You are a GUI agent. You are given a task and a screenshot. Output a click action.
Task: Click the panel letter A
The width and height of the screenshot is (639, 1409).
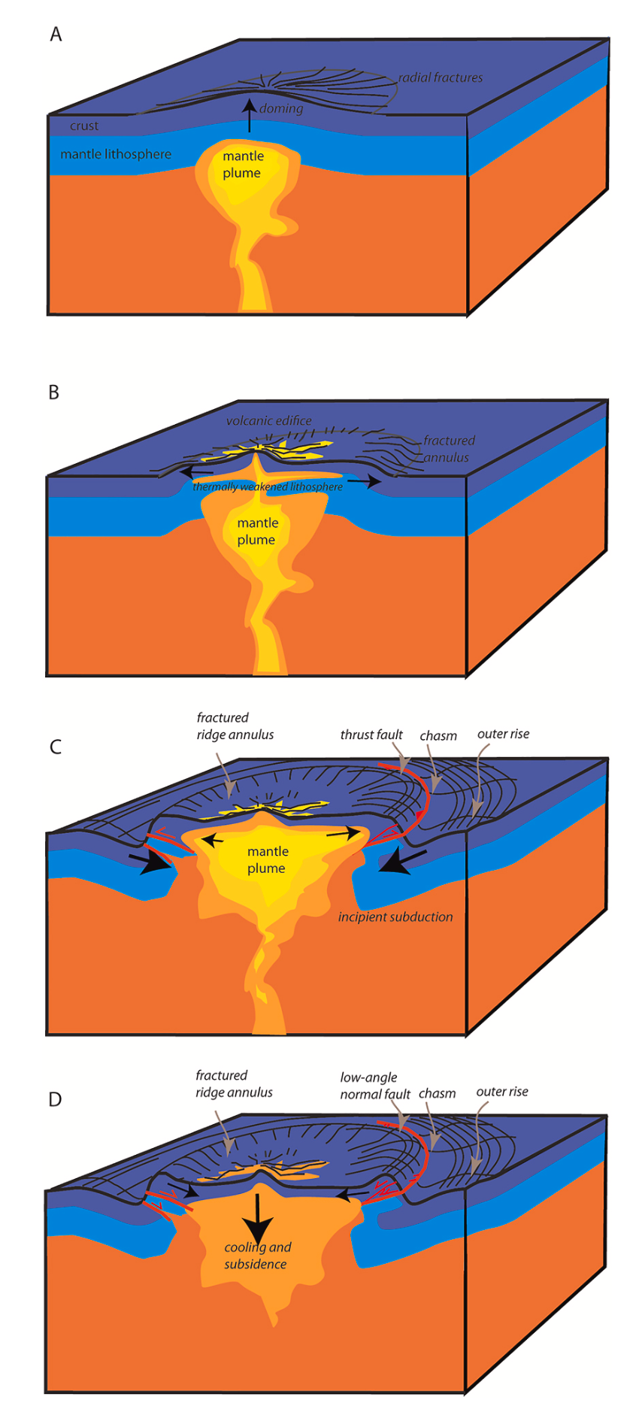pyautogui.click(x=56, y=35)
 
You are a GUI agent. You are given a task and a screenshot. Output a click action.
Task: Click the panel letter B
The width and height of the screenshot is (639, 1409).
pyautogui.click(x=54, y=392)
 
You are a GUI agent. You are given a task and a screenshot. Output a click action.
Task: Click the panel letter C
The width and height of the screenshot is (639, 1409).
pyautogui.click(x=55, y=747)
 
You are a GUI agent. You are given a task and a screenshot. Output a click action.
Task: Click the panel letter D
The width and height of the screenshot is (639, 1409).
pyautogui.click(x=55, y=1099)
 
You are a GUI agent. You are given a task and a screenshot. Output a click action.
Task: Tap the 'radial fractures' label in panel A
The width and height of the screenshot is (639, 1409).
pyautogui.click(x=441, y=77)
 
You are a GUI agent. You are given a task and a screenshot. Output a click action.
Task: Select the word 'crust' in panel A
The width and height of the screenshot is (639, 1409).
pyautogui.click(x=84, y=126)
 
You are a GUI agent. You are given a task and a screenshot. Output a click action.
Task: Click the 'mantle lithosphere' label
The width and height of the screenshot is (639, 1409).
pyautogui.click(x=116, y=154)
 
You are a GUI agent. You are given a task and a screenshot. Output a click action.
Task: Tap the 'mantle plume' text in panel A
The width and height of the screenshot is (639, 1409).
pyautogui.click(x=242, y=165)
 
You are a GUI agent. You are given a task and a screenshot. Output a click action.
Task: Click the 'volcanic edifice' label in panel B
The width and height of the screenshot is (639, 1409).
pyautogui.click(x=268, y=421)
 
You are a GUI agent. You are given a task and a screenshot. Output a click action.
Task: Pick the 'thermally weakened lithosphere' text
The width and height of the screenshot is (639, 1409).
pyautogui.click(x=268, y=487)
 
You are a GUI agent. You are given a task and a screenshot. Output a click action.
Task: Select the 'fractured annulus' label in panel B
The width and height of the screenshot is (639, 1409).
pyautogui.click(x=448, y=449)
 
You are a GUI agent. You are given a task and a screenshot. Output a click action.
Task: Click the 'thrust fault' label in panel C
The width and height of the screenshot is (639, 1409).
pyautogui.click(x=371, y=735)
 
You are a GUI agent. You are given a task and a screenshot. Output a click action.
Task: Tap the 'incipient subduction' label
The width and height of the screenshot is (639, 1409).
pyautogui.click(x=395, y=917)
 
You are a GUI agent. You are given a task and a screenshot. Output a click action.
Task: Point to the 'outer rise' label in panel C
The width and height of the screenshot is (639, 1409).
pyautogui.click(x=503, y=734)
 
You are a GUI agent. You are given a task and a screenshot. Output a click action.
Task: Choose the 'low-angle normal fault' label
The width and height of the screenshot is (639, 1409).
pyautogui.click(x=375, y=1086)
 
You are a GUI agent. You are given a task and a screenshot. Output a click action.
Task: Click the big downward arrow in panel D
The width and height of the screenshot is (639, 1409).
pyautogui.click(x=258, y=1220)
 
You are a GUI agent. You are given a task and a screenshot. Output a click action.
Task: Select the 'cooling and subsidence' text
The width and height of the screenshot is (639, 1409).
pyautogui.click(x=257, y=1256)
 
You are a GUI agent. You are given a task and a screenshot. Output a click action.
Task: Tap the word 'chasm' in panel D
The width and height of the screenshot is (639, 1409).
pyautogui.click(x=437, y=1093)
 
